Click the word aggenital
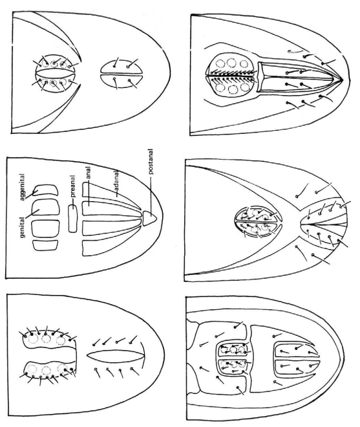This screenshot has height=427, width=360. [x=23, y=188]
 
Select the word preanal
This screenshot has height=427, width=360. [x=73, y=186]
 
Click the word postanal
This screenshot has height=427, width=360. [x=151, y=161]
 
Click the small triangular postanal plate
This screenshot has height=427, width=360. [x=149, y=218]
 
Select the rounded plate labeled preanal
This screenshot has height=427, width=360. [x=72, y=219]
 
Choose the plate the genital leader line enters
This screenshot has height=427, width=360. [x=46, y=208]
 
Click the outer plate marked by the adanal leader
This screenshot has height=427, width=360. [x=109, y=194]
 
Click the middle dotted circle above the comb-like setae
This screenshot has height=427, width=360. [x=231, y=63]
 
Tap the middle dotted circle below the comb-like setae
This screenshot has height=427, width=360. [x=233, y=89]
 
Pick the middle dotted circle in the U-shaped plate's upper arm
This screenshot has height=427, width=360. [x=46, y=338]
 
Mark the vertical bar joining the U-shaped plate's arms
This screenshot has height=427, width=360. [x=76, y=355]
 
